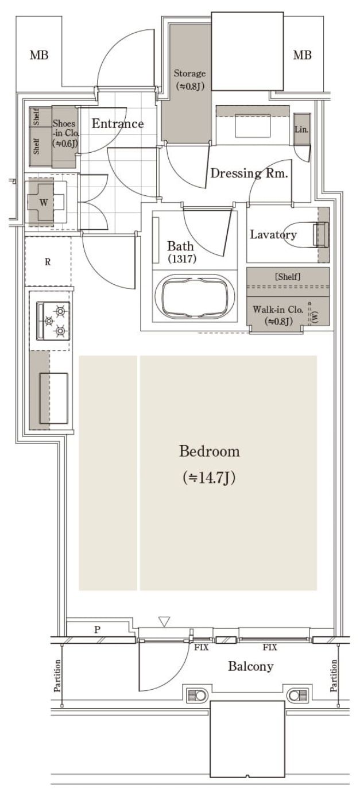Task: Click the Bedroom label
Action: [210, 451]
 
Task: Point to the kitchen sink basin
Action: [53, 398]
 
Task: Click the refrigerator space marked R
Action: [48, 262]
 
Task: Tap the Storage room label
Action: [189, 74]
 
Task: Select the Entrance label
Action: [118, 123]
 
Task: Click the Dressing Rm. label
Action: [249, 173]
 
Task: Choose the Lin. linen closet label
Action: [301, 129]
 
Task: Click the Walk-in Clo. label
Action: [278, 310]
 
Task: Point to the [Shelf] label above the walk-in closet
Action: [288, 276]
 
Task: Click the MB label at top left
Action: [39, 55]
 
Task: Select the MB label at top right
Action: [303, 55]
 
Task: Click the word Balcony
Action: [250, 666]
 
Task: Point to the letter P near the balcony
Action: [97, 630]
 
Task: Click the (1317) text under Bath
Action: [182, 258]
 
